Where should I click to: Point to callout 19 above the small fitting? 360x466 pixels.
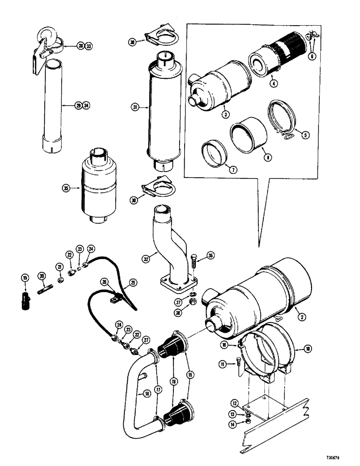25,278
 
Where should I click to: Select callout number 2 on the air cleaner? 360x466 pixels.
302,317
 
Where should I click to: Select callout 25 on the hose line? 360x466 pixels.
133,282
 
